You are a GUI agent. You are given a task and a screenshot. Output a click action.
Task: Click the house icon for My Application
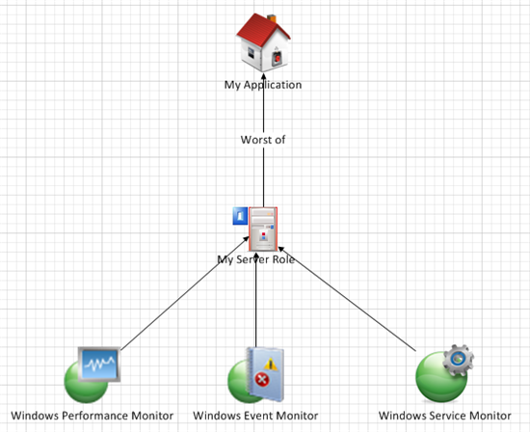coord(263,42)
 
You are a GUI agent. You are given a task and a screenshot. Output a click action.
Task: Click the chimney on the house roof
coord(272,18)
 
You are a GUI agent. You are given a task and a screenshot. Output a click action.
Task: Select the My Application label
coord(263,85)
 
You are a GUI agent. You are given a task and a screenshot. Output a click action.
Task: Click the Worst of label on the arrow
coord(263,140)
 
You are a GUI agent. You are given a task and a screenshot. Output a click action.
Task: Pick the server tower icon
coord(263,229)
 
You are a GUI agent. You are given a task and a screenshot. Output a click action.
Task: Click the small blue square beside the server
coord(240,216)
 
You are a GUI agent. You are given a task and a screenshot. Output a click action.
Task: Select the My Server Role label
coord(256,259)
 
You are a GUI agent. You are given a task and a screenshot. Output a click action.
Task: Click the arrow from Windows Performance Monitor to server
coord(185,293)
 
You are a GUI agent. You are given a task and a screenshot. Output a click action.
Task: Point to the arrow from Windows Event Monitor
coord(256,299)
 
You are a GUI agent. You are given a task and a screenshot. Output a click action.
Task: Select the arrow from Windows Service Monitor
coord(347,299)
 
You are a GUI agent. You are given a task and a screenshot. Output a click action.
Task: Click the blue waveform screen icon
coord(99,364)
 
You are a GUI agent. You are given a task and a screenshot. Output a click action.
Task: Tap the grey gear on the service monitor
coord(458,360)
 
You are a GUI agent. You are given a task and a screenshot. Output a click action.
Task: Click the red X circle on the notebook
coord(261,380)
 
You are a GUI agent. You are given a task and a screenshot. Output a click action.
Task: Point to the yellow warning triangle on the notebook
coord(271,364)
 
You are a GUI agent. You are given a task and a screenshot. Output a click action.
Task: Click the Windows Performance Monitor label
coord(92,416)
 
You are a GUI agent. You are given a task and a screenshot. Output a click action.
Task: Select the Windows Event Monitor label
coord(255,416)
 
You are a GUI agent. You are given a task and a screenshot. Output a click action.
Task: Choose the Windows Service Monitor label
coord(445,416)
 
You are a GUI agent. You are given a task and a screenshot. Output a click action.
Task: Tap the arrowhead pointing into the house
coord(263,76)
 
